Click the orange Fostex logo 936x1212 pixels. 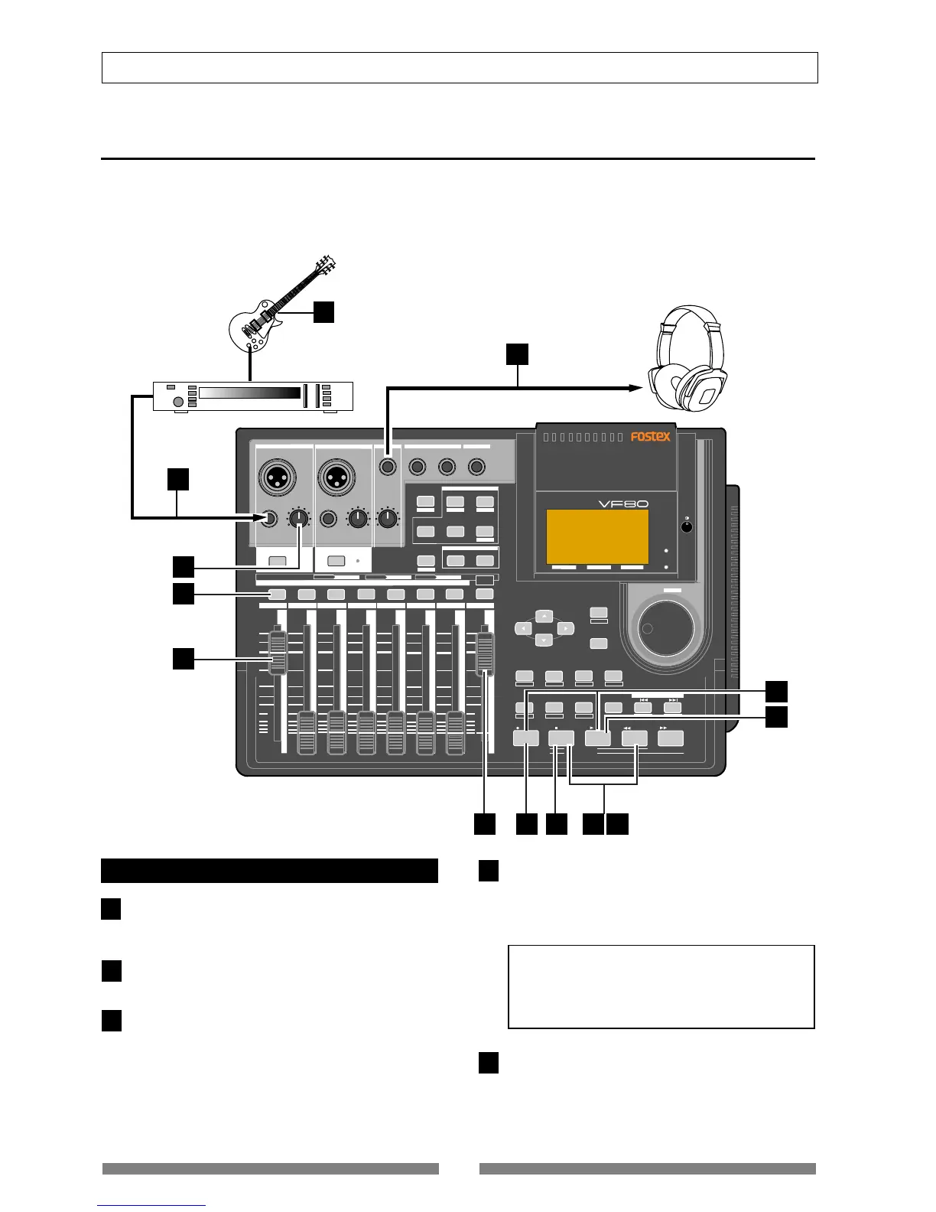pos(650,437)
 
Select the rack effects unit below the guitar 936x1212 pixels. pos(253,395)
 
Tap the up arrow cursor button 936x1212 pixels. pos(543,616)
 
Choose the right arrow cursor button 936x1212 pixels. pos(564,628)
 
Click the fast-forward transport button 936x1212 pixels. pos(671,738)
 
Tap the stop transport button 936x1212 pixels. pos(561,738)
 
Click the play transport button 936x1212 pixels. pos(598,738)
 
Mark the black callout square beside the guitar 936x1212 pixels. pos(324,311)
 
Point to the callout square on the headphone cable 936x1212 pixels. pos(518,353)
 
